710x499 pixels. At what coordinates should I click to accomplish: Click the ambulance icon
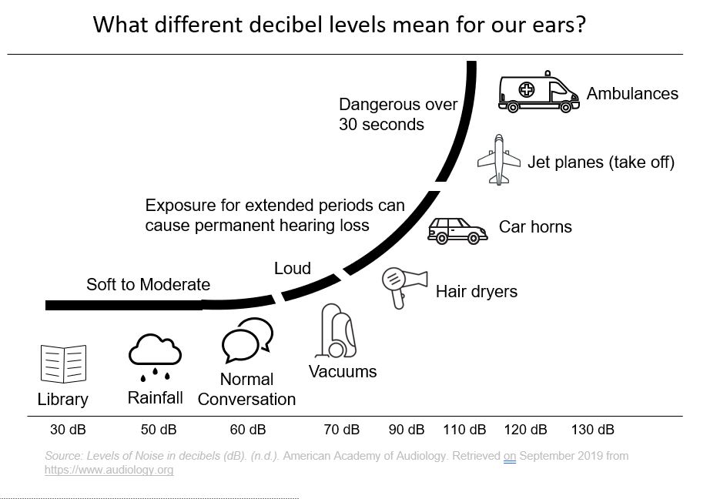click(538, 95)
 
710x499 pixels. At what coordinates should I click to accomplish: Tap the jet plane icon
click(499, 159)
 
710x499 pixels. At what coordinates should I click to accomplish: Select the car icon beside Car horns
click(457, 229)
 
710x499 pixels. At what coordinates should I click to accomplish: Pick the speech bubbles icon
click(246, 340)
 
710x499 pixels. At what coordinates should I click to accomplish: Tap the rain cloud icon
click(155, 357)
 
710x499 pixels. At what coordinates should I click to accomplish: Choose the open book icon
click(62, 364)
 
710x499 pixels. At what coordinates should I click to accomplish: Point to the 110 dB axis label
click(464, 430)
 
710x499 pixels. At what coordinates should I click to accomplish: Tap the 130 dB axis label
click(593, 430)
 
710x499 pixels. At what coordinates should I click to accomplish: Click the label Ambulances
click(632, 94)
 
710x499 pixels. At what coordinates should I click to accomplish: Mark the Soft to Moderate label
click(148, 285)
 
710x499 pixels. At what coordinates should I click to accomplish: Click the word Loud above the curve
click(293, 268)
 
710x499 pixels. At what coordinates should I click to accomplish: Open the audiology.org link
click(109, 469)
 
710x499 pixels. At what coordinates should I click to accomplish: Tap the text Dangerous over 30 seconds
click(398, 114)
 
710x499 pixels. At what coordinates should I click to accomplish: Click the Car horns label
click(535, 227)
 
